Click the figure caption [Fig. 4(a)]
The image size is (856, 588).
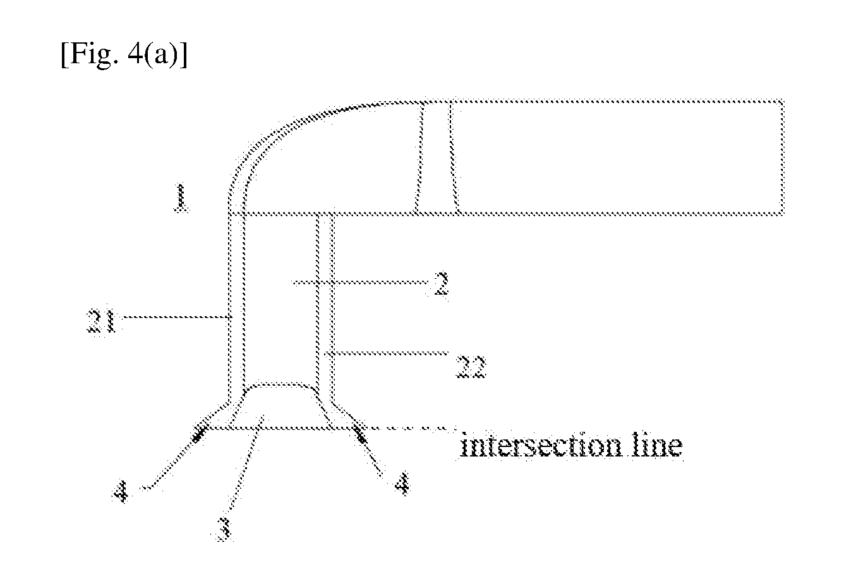click(x=124, y=56)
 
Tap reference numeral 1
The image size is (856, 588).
click(x=181, y=198)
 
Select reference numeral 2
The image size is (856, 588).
click(x=442, y=283)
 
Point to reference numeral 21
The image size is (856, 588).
click(x=101, y=321)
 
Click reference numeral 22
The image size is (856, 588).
click(x=471, y=367)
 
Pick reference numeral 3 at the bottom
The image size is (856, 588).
click(x=224, y=529)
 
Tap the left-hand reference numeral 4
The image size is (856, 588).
click(x=121, y=492)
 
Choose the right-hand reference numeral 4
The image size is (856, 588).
click(x=402, y=484)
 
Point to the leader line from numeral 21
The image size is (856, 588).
click(x=176, y=317)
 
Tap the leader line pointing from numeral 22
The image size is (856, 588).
click(x=386, y=353)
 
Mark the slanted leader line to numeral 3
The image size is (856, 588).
click(x=246, y=463)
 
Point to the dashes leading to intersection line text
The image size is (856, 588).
click(x=411, y=428)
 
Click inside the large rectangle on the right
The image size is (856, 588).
click(x=619, y=157)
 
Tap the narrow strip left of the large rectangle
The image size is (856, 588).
click(x=437, y=157)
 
